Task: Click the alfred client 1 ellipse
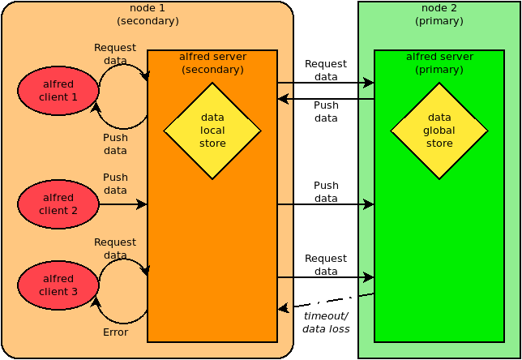[x=58, y=91]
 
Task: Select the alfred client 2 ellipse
[x=58, y=204]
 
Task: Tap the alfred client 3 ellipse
[x=58, y=285]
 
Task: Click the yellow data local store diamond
[x=212, y=131]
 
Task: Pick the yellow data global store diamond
[x=439, y=131]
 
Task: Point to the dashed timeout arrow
[x=326, y=301]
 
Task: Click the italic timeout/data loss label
[x=326, y=323]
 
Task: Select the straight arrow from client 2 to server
[x=123, y=204]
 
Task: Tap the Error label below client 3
[x=116, y=332]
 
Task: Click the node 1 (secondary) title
[x=148, y=15]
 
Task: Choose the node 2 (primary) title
[x=439, y=15]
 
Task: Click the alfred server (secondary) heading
[x=212, y=63]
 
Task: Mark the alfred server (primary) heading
[x=439, y=63]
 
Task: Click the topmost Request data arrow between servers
[x=326, y=83]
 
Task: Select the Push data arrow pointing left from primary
[x=326, y=99]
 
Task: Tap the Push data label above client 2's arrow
[x=116, y=183]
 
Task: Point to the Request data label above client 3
[x=115, y=248]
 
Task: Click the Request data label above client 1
[x=115, y=54]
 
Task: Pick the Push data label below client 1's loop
[x=116, y=144]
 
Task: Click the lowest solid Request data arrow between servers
[x=326, y=277]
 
